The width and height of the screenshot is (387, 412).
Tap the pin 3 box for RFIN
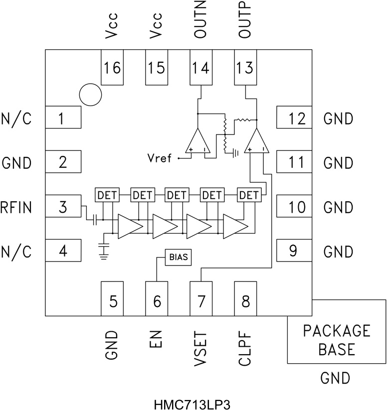tap(63, 206)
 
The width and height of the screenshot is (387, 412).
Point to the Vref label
tap(159, 158)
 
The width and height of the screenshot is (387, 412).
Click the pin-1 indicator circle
tap(90, 94)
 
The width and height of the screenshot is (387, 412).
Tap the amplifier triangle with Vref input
tap(198, 141)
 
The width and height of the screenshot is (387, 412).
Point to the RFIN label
tap(16, 206)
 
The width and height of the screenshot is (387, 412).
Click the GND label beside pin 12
tap(338, 119)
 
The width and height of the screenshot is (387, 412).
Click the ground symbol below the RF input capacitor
tap(104, 253)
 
